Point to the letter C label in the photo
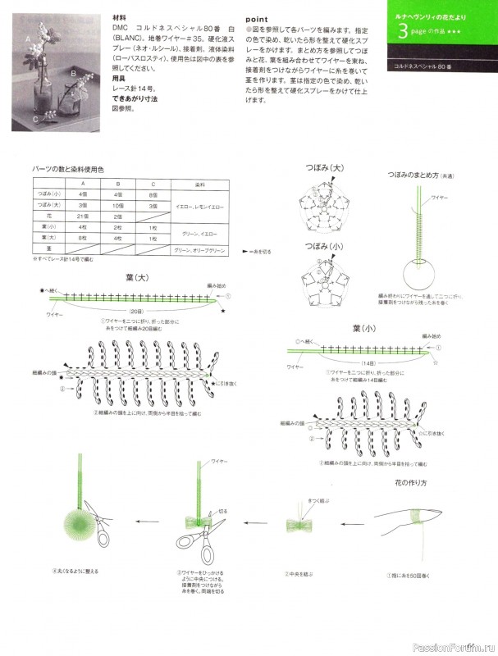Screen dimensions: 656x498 (34, 119)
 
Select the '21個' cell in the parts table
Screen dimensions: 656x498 (83, 215)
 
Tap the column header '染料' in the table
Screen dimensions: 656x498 (200, 184)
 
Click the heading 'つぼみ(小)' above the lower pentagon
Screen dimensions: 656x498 (326, 246)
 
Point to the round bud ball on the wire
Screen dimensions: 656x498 (419, 274)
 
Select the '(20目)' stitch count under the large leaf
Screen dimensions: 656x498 (135, 312)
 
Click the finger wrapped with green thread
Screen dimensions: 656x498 (418, 517)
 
